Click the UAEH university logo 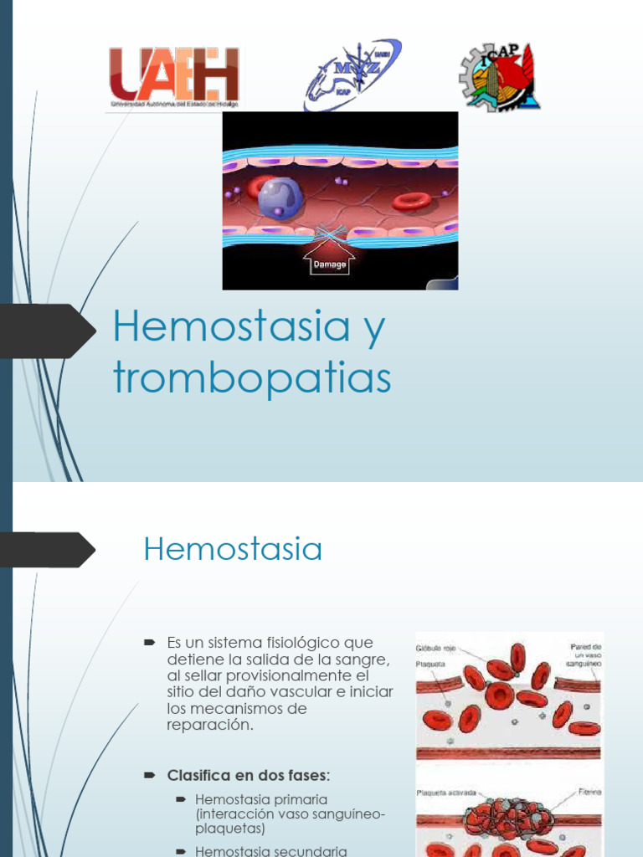coord(174,77)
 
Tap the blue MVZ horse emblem coord(352,74)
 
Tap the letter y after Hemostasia coord(374,328)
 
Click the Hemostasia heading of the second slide coord(233,550)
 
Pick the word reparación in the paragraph coord(209,725)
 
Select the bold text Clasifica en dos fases coord(248,774)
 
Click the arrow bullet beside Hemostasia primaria coord(180,799)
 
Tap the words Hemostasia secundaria coord(270,851)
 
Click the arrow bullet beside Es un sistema coord(150,643)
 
